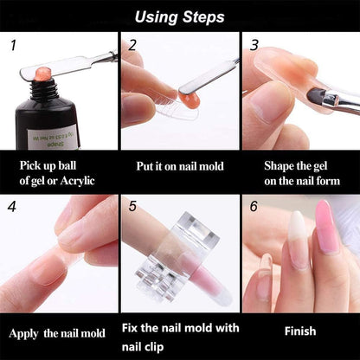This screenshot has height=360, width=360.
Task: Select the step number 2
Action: [x=132, y=45]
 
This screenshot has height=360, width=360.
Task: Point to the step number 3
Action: [x=254, y=44]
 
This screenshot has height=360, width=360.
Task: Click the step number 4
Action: [x=13, y=207]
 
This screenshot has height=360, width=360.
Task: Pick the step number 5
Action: [x=132, y=207]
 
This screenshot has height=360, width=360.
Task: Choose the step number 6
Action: [x=254, y=207]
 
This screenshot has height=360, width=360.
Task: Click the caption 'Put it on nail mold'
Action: [x=179, y=164]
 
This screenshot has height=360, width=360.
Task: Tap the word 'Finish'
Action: [x=299, y=331]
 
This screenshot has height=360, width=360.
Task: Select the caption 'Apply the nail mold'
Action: [x=58, y=332]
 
